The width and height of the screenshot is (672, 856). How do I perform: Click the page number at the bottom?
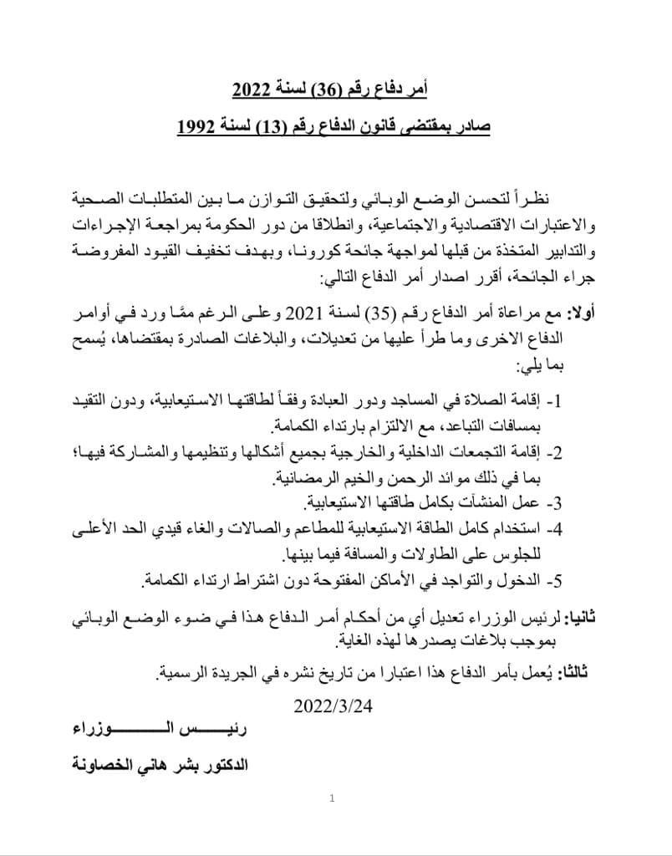pyautogui.click(x=332, y=798)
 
